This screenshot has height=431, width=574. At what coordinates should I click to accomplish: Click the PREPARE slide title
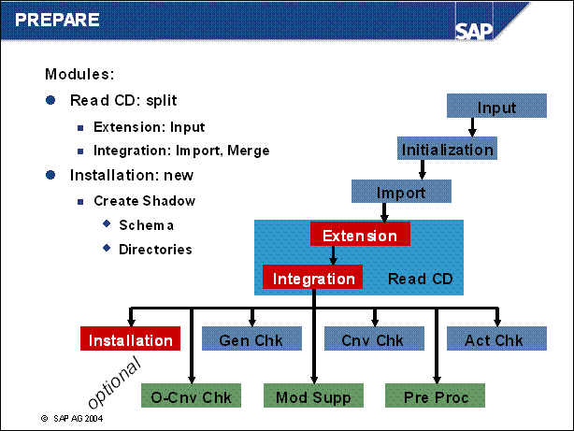point(57,19)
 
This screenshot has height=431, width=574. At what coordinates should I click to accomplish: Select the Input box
point(495,107)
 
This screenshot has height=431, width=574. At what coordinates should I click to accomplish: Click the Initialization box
point(447,150)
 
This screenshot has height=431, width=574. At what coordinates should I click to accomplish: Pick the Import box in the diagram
point(400,193)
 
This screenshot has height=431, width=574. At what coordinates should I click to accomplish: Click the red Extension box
point(360,236)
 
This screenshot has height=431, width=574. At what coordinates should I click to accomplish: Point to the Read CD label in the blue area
point(420,279)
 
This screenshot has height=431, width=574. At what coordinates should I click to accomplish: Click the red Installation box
point(131,340)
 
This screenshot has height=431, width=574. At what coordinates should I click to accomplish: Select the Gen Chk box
point(250,340)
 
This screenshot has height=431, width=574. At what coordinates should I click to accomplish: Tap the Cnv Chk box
point(371,340)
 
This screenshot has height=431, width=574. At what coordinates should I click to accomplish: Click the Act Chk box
point(494,340)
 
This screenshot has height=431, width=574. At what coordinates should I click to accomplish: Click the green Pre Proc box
point(435,396)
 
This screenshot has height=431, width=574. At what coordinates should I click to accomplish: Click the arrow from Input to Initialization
point(495,128)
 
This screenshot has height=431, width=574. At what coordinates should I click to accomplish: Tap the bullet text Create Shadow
point(144,201)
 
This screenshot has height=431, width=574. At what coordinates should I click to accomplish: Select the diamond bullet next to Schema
point(106,223)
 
